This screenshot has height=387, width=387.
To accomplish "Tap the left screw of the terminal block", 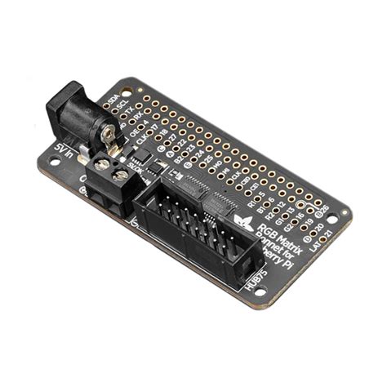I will (x=103, y=165).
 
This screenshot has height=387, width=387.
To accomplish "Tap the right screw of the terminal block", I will (x=121, y=175).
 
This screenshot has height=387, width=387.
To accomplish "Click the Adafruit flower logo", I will (x=242, y=221).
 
